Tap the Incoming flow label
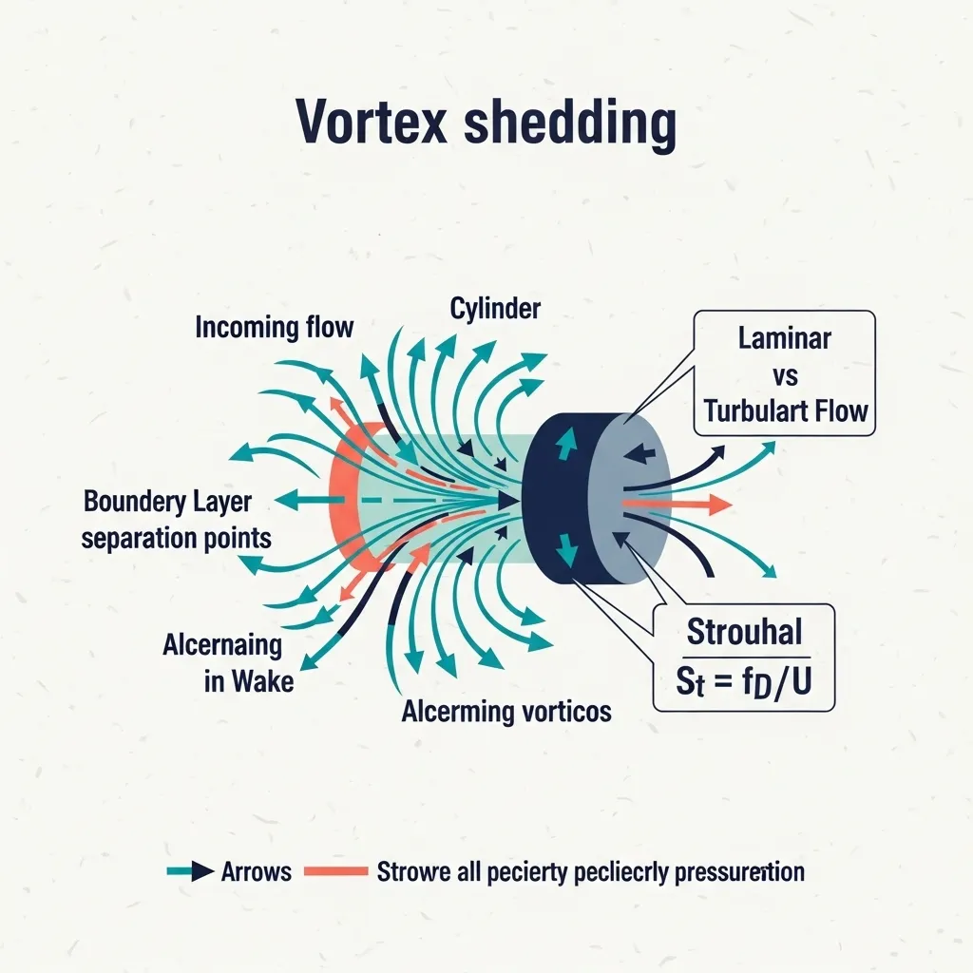coord(274,328)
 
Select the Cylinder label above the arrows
coord(496,308)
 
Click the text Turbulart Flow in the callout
coord(786,410)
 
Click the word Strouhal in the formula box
coord(744,631)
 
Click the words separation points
coord(177,539)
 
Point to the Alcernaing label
coord(222,646)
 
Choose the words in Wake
coord(249,681)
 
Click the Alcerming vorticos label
coord(506,711)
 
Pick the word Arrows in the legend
coord(256,870)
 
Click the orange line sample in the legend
coord(335,870)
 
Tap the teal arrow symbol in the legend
coord(189,870)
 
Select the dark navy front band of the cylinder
coord(553,499)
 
